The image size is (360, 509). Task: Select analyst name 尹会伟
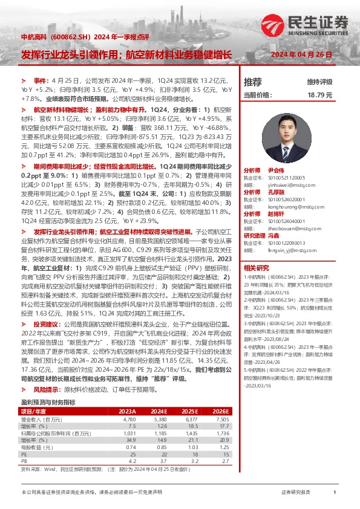(x=275, y=171)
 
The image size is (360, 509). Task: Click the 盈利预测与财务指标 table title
(x=48, y=402)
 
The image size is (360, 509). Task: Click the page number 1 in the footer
(x=335, y=492)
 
